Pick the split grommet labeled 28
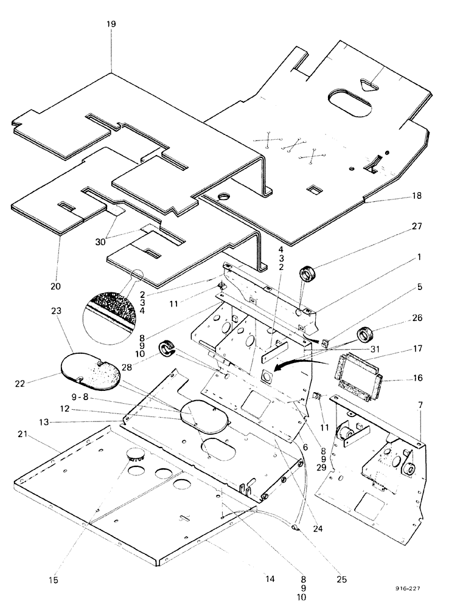166,349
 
